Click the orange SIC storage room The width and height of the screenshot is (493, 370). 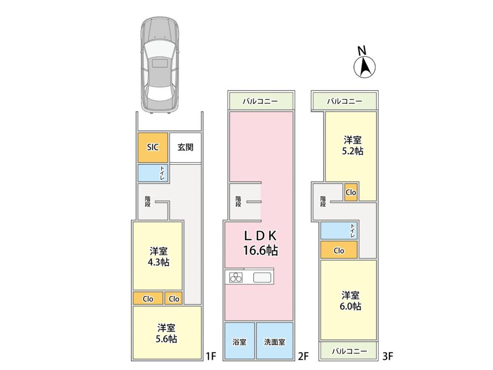(x=152, y=148)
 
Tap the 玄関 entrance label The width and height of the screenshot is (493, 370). (x=185, y=147)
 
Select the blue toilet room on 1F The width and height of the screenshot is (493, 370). (x=152, y=173)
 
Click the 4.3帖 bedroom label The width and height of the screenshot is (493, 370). (x=158, y=257)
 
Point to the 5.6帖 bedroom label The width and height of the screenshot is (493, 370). (x=166, y=333)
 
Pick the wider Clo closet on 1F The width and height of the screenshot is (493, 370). (x=148, y=298)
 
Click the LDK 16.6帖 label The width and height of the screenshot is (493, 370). (x=260, y=243)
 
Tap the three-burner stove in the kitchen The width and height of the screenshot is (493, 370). (x=236, y=277)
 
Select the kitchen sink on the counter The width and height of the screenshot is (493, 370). (x=262, y=278)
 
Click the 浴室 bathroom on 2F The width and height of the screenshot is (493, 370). (x=240, y=341)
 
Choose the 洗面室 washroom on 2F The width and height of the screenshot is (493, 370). (x=275, y=341)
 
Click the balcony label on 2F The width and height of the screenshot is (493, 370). (x=260, y=101)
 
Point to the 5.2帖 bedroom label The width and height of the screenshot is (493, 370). (x=352, y=146)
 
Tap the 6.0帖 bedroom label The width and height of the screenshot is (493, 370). (x=351, y=300)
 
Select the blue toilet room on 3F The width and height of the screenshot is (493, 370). (x=339, y=230)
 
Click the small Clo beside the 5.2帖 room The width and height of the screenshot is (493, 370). (x=351, y=192)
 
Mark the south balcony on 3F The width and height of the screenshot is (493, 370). (x=348, y=350)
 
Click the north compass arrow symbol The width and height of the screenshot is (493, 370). (x=365, y=67)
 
